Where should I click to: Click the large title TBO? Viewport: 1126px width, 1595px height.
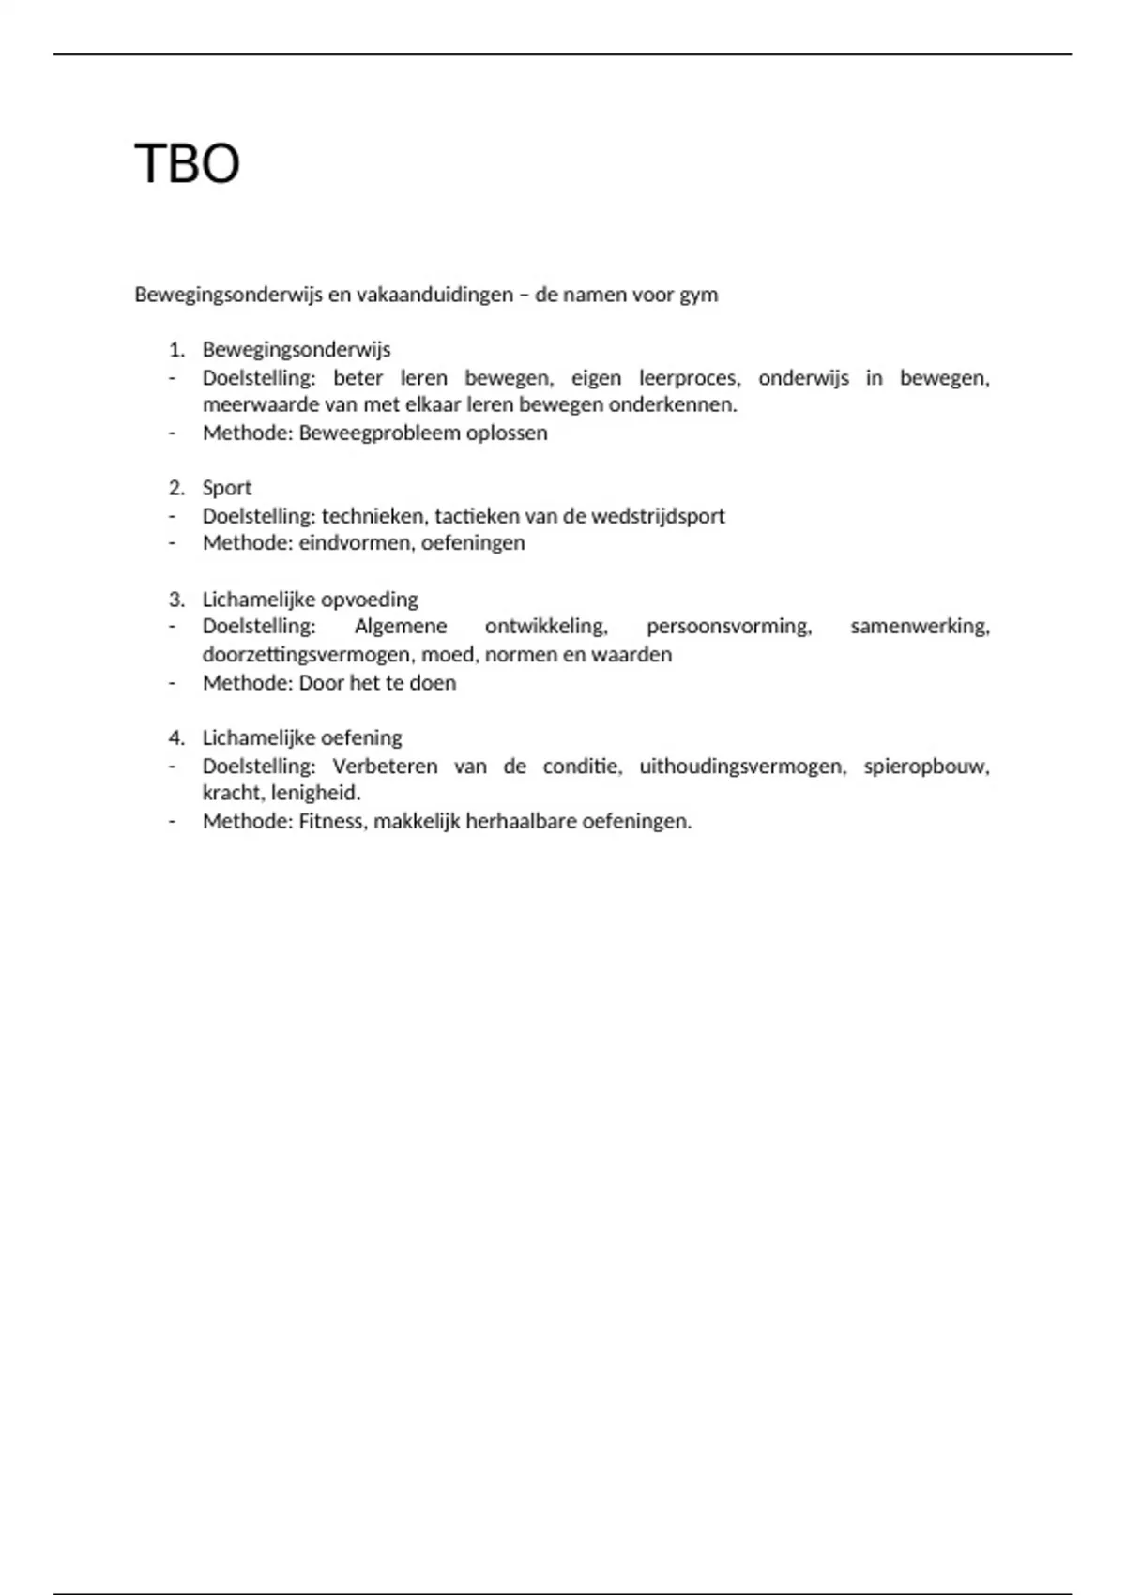pos(188,164)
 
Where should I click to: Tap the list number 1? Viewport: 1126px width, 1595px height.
pos(176,350)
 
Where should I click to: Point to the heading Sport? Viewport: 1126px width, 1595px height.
pos(227,488)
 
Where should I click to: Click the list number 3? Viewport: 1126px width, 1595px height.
pos(176,600)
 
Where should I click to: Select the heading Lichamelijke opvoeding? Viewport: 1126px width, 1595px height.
pos(310,600)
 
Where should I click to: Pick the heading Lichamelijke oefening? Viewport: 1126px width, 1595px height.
pos(302,737)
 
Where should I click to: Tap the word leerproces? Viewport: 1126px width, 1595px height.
pos(690,378)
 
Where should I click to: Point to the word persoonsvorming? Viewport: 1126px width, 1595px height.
pos(729,626)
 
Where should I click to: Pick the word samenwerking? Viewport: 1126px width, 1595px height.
pos(920,626)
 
